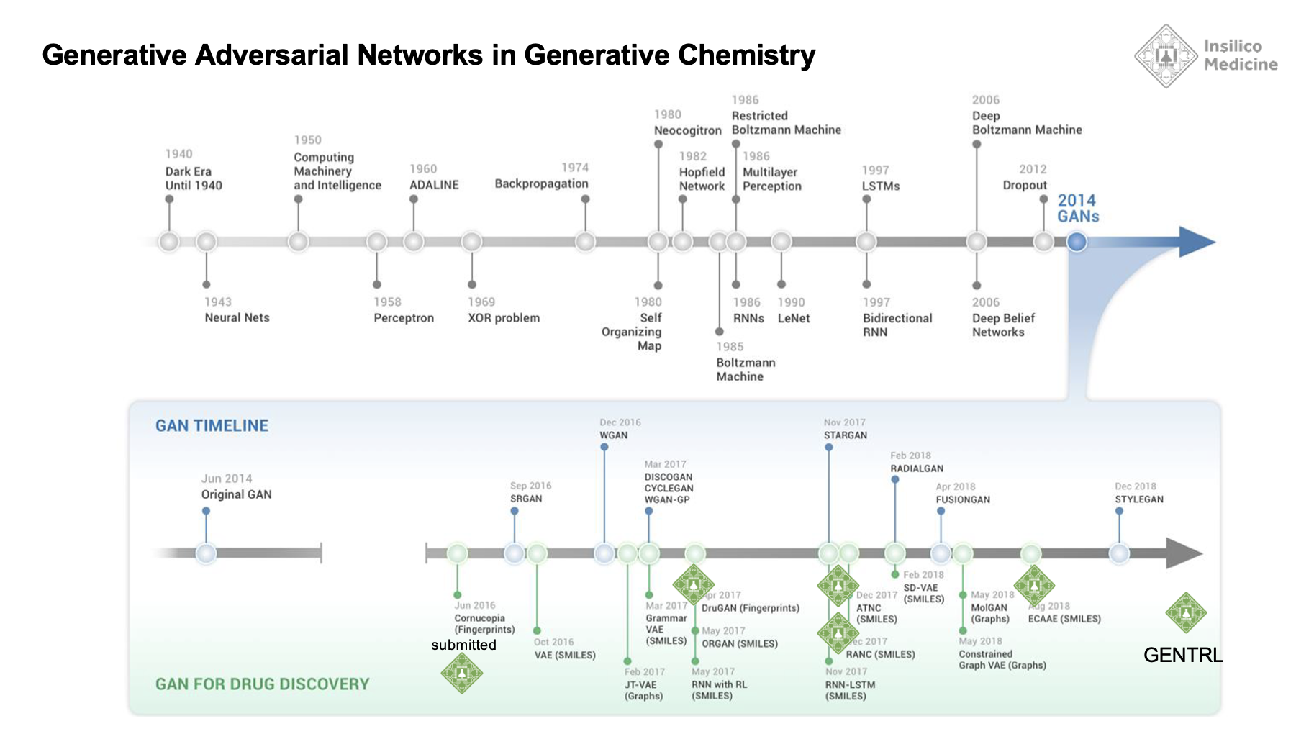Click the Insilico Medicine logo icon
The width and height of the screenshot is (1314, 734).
click(x=1165, y=56)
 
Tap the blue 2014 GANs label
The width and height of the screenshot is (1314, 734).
click(x=1078, y=209)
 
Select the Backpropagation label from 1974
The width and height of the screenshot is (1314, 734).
click(x=541, y=183)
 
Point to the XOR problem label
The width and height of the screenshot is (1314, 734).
click(x=504, y=318)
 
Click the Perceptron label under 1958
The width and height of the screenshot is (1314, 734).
click(x=404, y=318)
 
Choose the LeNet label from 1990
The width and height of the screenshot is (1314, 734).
click(x=794, y=318)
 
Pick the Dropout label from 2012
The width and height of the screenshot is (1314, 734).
click(x=1025, y=185)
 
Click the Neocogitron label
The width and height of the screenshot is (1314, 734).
click(x=687, y=130)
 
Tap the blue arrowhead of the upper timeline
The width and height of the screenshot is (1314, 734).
click(x=1195, y=242)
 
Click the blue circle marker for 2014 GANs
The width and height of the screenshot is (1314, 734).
click(x=1077, y=242)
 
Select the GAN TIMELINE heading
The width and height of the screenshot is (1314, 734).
click(x=212, y=426)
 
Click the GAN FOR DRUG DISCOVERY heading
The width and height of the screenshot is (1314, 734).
click(x=262, y=684)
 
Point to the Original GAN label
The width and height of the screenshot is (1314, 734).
click(x=236, y=494)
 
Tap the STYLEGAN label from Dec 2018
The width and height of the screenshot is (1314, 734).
click(x=1139, y=499)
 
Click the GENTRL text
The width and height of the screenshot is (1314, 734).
click(x=1183, y=655)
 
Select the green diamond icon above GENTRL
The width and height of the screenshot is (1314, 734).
click(x=1186, y=613)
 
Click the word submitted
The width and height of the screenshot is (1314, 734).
click(x=463, y=645)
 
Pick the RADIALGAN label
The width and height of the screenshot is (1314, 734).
click(x=917, y=468)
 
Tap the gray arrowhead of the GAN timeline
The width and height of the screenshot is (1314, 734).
click(x=1183, y=553)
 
